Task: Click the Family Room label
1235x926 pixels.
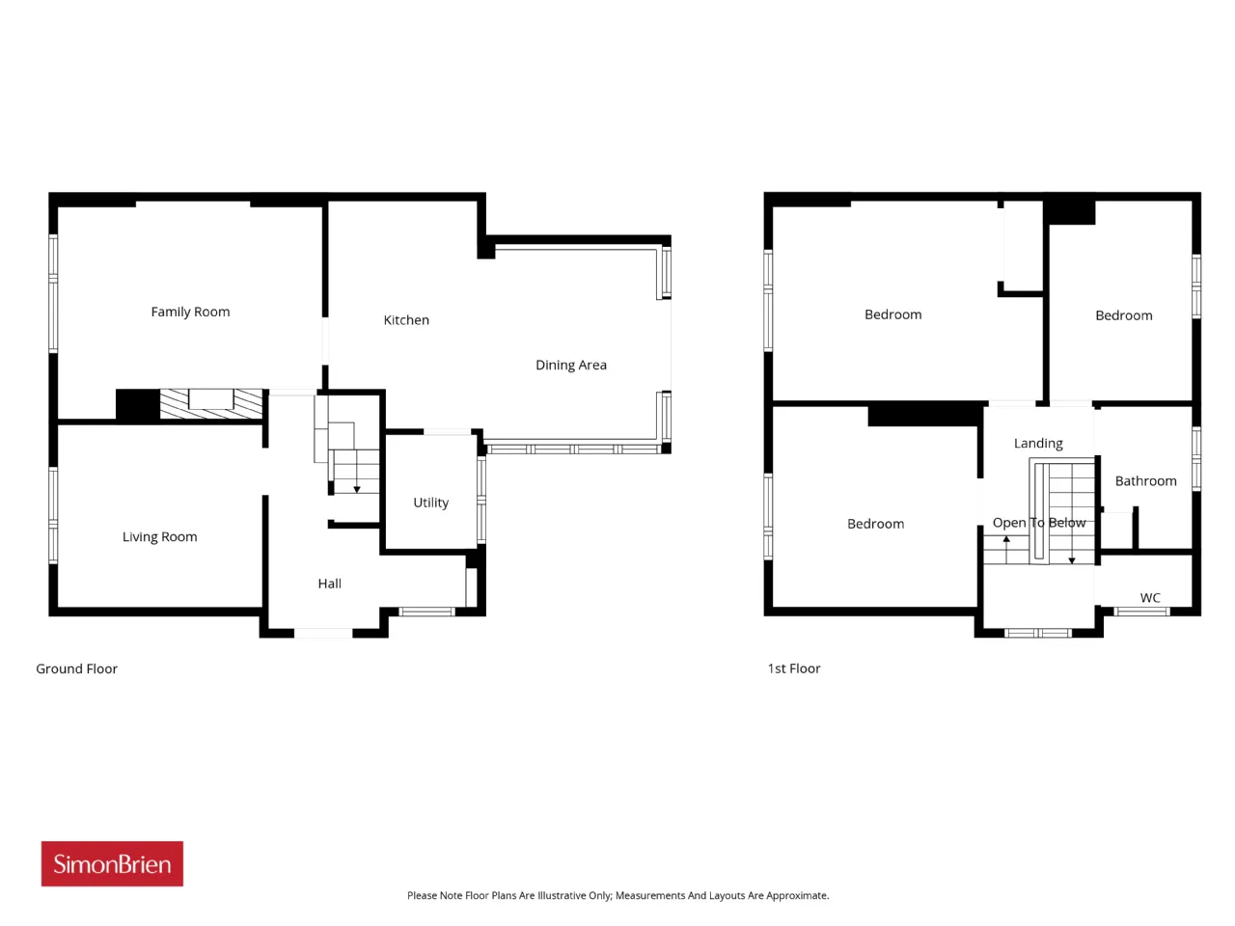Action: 190,312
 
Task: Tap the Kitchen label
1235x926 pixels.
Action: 406,320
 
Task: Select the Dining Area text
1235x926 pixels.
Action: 571,366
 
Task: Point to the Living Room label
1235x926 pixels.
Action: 160,537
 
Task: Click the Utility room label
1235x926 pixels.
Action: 431,503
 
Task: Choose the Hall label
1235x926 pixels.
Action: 330,584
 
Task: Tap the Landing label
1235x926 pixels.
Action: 1038,444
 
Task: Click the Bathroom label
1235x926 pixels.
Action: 1146,481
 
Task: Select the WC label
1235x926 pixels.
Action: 1151,598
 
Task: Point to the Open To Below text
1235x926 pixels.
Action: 1039,523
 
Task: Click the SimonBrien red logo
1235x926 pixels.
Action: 112,863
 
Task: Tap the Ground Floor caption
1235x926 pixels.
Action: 76,669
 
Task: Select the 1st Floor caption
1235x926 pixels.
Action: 794,668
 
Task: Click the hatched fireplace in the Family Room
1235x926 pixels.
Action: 211,404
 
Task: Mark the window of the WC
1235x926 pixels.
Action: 1141,612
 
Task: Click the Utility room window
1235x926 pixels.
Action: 481,501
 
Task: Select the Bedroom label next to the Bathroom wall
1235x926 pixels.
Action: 1124,316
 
